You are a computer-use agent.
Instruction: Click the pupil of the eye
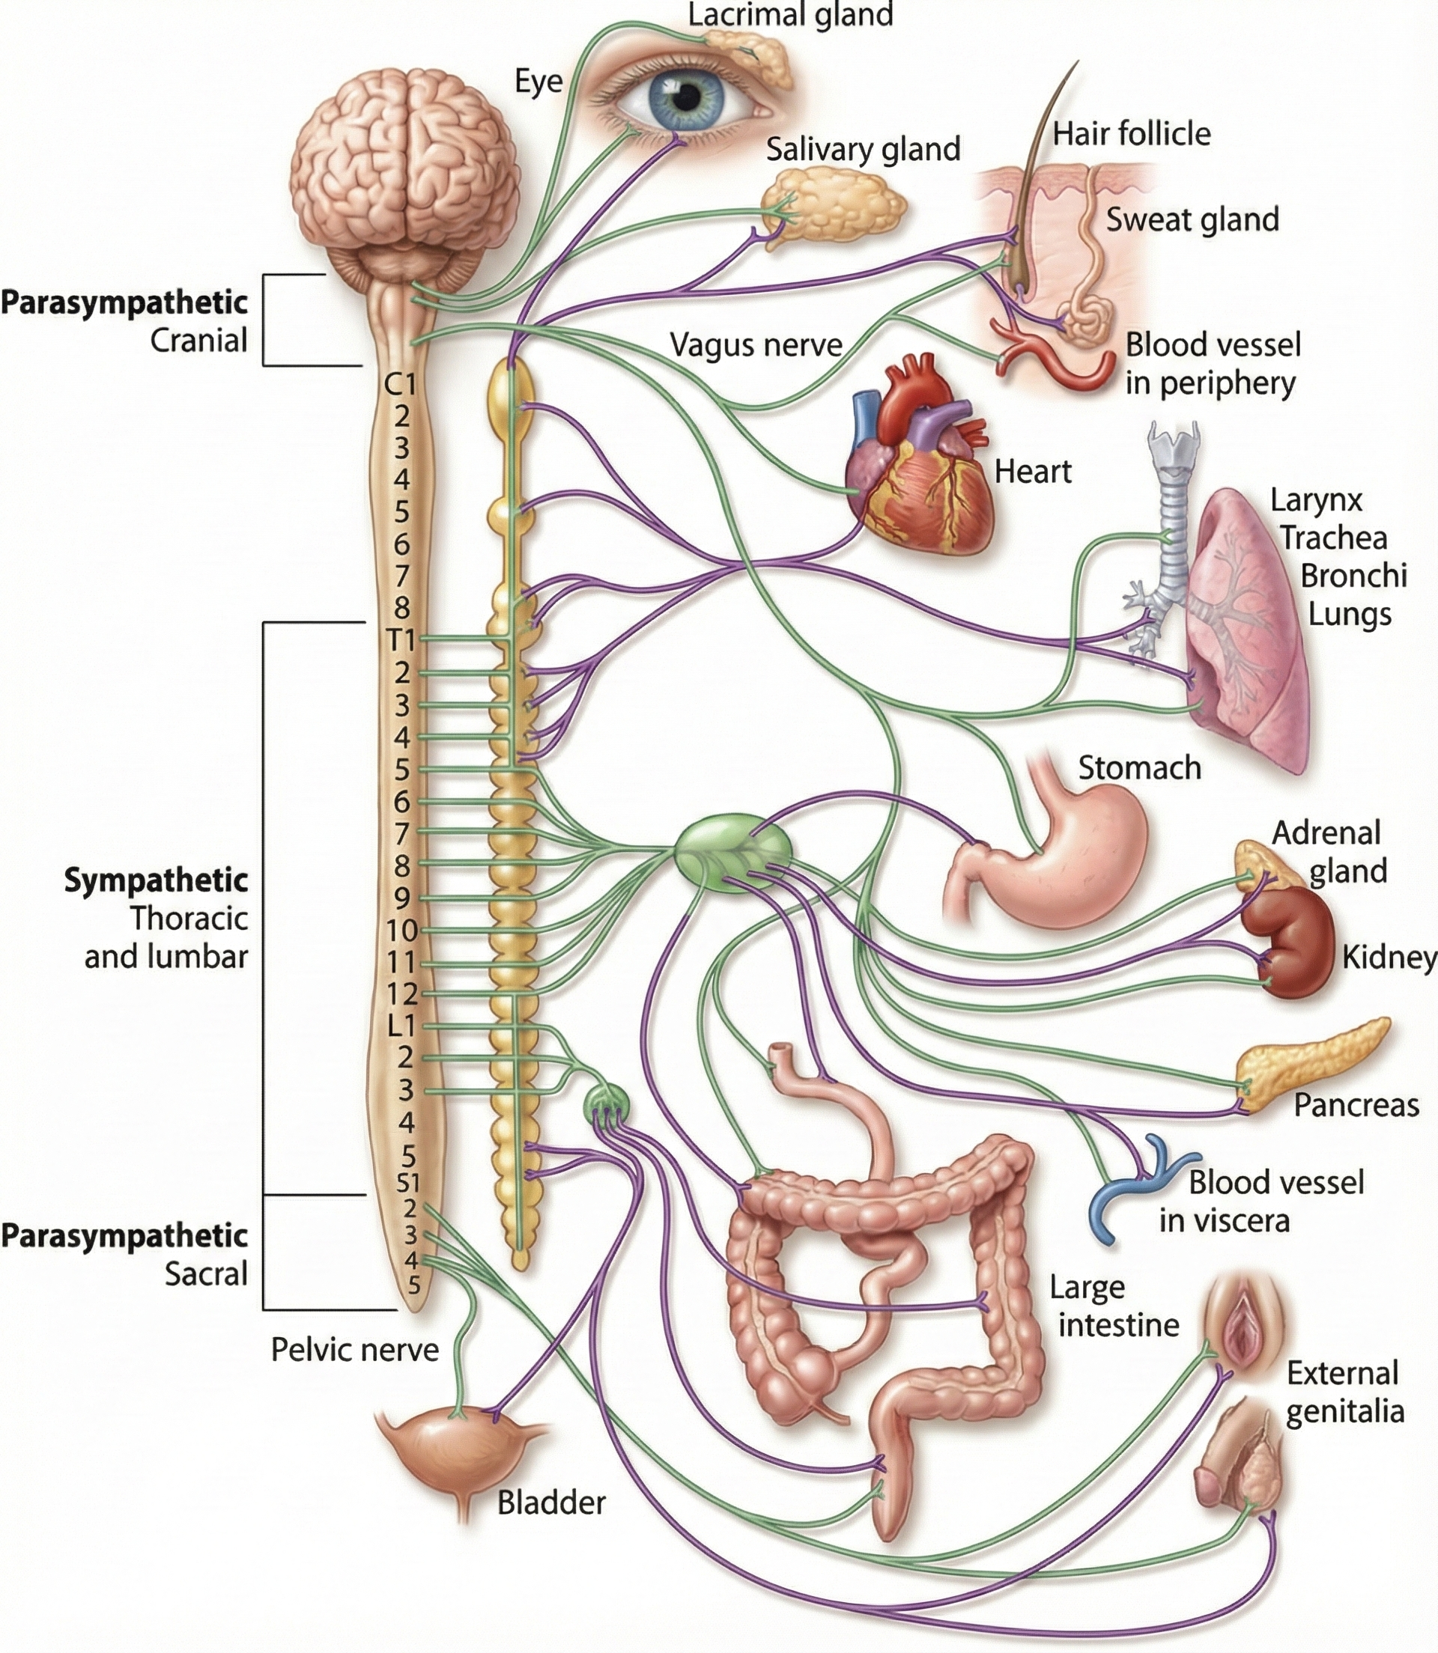click(x=687, y=99)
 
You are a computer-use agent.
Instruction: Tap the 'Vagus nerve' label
click(x=756, y=345)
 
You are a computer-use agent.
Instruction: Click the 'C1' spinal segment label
click(x=401, y=385)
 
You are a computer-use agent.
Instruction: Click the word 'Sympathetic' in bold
click(x=156, y=880)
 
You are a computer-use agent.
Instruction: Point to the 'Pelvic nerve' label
click(x=355, y=1350)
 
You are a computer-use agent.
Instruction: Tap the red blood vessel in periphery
click(x=1059, y=361)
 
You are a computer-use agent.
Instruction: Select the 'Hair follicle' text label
click(x=1132, y=134)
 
